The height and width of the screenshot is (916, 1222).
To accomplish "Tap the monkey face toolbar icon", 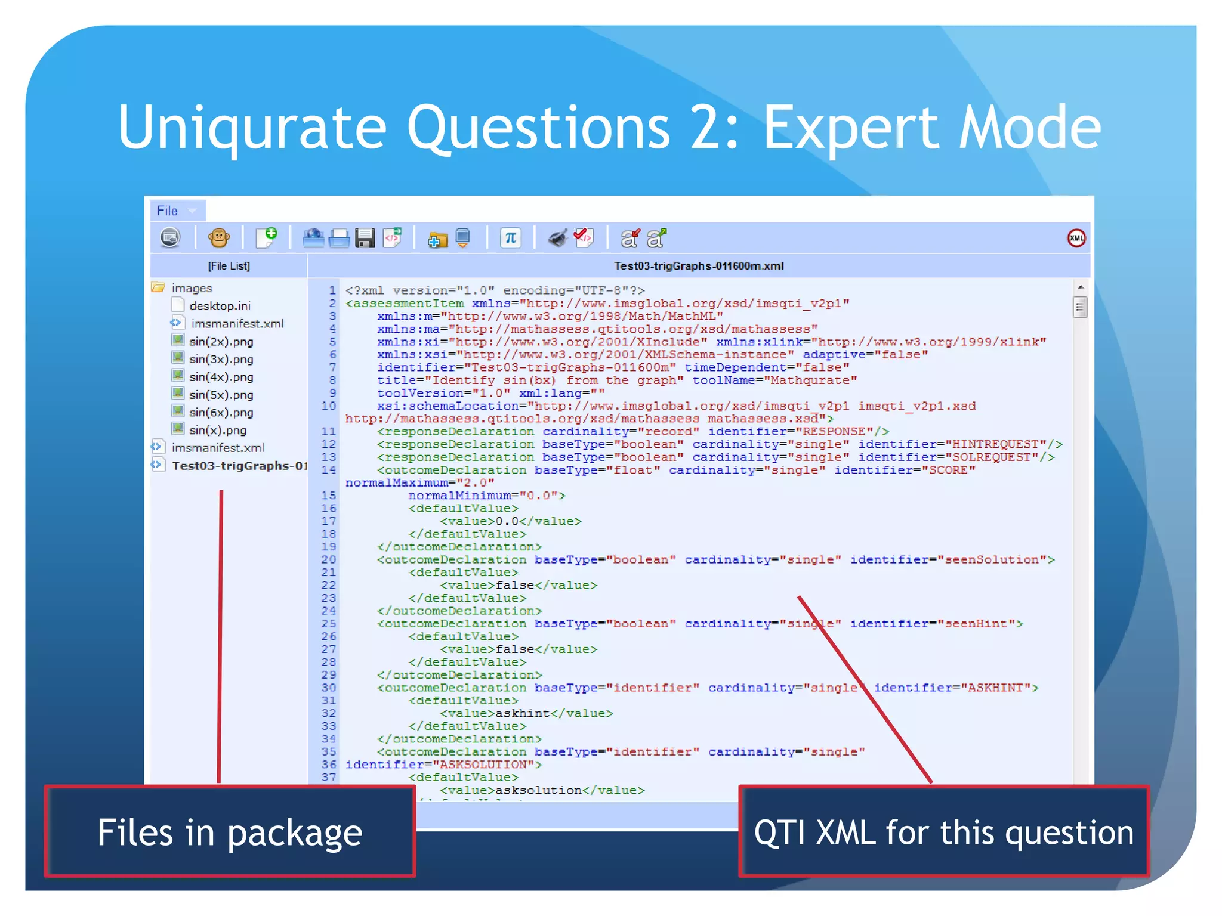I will (219, 238).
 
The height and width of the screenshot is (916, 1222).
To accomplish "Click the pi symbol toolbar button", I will (510, 238).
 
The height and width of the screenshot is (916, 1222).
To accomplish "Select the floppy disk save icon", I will (365, 238).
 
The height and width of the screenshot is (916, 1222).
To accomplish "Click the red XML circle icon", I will (1076, 239).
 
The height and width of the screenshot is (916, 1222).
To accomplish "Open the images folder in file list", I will (191, 288).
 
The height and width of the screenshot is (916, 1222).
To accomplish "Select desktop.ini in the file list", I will (220, 306).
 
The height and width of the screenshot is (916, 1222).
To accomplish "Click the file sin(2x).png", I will (221, 342).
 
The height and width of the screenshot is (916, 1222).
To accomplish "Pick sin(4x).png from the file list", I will (221, 377).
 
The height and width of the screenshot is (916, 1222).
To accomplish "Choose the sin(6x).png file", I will (221, 413).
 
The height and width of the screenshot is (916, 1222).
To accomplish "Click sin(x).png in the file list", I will (217, 430).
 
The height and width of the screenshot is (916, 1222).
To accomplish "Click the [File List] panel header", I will (229, 266).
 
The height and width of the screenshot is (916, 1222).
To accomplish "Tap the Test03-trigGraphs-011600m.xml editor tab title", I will (699, 266).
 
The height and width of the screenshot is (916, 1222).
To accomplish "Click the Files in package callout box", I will (230, 832).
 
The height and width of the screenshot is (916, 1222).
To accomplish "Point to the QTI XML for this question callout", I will (943, 832).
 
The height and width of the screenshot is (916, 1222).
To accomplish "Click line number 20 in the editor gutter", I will (329, 559).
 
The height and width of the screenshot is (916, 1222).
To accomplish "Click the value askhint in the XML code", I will (523, 713).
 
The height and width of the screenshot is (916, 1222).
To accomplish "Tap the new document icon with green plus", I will (266, 237).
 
